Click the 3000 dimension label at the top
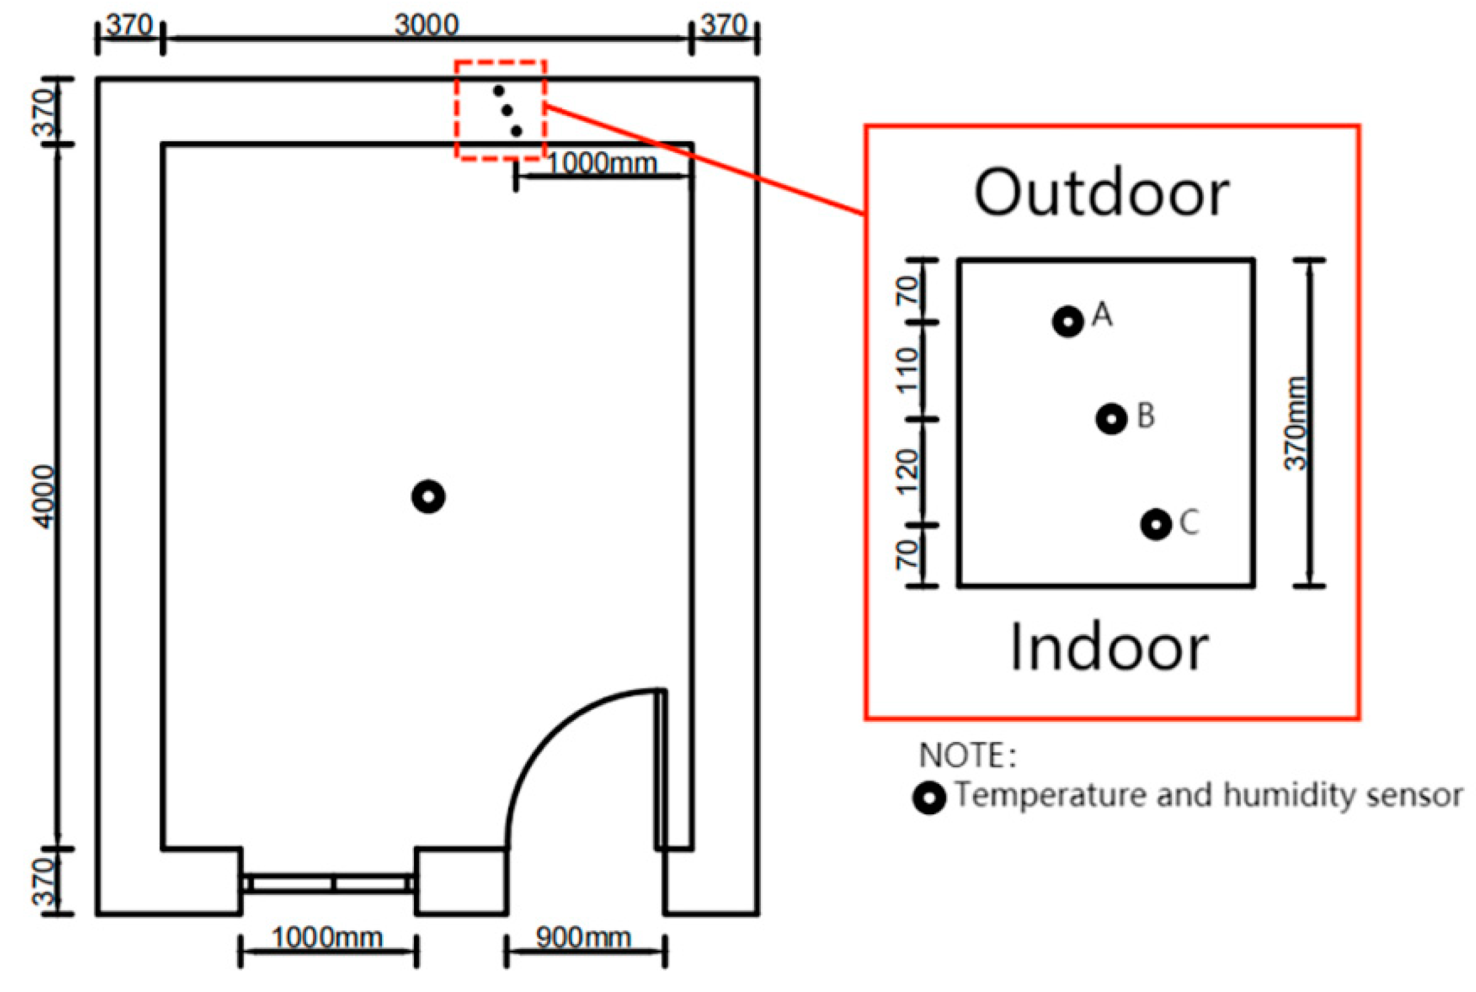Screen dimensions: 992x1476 click(426, 25)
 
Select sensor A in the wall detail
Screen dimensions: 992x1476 click(1068, 322)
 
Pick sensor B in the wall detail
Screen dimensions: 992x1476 click(1111, 419)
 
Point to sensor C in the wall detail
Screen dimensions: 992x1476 click(1156, 524)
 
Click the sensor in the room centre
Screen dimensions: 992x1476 click(428, 497)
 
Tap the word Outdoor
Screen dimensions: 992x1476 click(1101, 193)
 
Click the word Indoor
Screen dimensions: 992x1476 click(1108, 648)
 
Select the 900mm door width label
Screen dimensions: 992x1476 click(583, 938)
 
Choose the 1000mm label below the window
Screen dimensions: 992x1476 click(327, 938)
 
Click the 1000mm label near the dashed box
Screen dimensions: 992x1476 click(602, 164)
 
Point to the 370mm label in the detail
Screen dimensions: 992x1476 click(1295, 423)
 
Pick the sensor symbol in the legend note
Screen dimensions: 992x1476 click(929, 798)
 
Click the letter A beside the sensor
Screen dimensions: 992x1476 click(1102, 315)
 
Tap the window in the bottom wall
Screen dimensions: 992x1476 click(328, 883)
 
